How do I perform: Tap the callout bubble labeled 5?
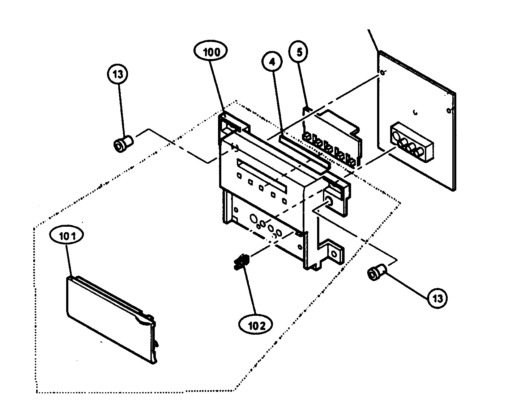pyautogui.click(x=299, y=52)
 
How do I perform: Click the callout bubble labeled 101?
pyautogui.click(x=68, y=236)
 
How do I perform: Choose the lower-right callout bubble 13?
pyautogui.click(x=437, y=298)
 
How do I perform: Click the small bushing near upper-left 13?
pyautogui.click(x=123, y=144)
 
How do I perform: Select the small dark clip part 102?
pyautogui.click(x=240, y=261)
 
